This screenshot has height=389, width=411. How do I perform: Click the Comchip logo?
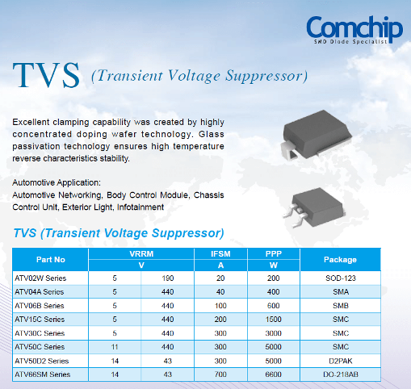click(x=354, y=30)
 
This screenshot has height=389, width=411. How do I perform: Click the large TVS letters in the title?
click(x=46, y=75)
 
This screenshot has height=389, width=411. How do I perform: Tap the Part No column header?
click(x=51, y=260)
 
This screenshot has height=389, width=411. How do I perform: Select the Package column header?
click(x=340, y=260)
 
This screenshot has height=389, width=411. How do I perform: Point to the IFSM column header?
click(x=220, y=253)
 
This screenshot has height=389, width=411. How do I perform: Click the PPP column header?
click(x=274, y=253)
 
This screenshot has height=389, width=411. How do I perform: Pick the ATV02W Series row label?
click(x=40, y=278)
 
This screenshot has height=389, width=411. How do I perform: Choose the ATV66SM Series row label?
click(x=43, y=374)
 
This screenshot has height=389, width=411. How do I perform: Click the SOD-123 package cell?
click(x=341, y=278)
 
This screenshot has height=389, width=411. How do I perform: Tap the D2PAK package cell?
click(x=341, y=361)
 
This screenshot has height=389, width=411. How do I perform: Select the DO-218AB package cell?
click(x=341, y=374)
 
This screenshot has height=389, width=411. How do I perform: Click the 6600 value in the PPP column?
click(x=273, y=374)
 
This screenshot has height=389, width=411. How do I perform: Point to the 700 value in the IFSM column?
click(x=220, y=374)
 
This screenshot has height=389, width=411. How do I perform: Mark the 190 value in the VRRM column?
click(x=168, y=278)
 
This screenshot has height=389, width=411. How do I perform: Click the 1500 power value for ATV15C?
click(x=273, y=320)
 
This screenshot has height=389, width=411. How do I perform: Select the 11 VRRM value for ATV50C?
click(x=115, y=347)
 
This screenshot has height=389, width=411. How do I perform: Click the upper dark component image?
click(x=317, y=134)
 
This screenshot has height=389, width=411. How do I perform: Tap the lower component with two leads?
click(x=313, y=207)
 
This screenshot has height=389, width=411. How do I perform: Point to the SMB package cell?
click(x=341, y=306)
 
